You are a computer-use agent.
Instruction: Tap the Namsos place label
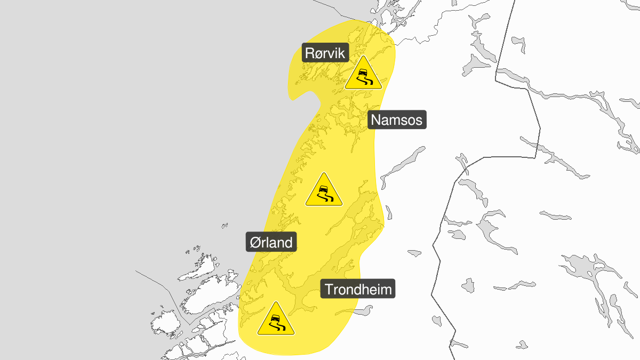pyautogui.click(x=396, y=119)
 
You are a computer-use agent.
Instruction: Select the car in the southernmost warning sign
pyautogui.click(x=275, y=318)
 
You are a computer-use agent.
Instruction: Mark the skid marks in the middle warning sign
pyautogui.click(x=326, y=198)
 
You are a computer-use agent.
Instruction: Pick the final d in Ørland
pyautogui.click(x=288, y=242)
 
